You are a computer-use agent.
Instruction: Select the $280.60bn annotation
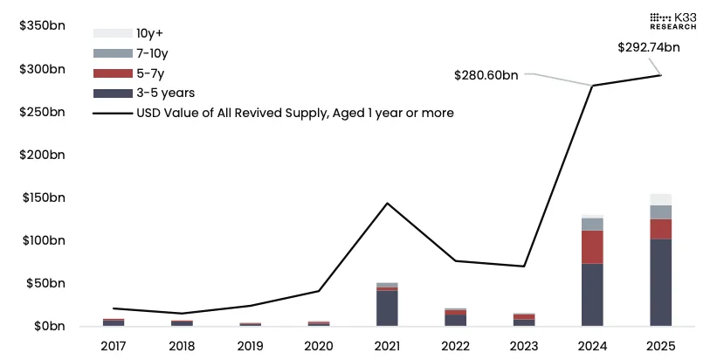click(486, 75)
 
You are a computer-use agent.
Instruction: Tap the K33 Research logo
click(672, 21)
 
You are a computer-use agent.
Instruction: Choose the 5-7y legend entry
click(147, 73)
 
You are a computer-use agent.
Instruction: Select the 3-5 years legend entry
click(164, 92)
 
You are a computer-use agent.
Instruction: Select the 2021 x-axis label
click(387, 345)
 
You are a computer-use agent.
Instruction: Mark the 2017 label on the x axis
click(114, 345)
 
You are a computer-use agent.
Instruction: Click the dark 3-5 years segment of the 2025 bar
click(661, 282)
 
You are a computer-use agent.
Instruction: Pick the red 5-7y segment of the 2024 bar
click(592, 246)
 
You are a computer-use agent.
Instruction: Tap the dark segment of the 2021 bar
click(387, 308)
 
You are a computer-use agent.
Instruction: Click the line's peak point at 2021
click(387, 203)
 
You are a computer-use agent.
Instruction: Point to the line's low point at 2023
click(524, 266)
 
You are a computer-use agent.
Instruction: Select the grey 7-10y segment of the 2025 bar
click(661, 211)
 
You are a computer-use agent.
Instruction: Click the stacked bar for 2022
click(455, 317)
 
